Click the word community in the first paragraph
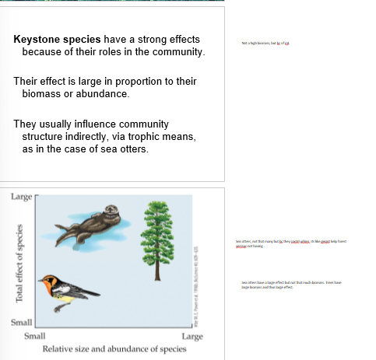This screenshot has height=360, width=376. [174, 52]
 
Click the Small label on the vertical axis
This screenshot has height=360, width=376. [21, 322]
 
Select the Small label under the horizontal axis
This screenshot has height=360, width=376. [35, 337]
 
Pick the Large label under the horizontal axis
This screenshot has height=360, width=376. [192, 337]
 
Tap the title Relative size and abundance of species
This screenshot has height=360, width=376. [114, 348]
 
